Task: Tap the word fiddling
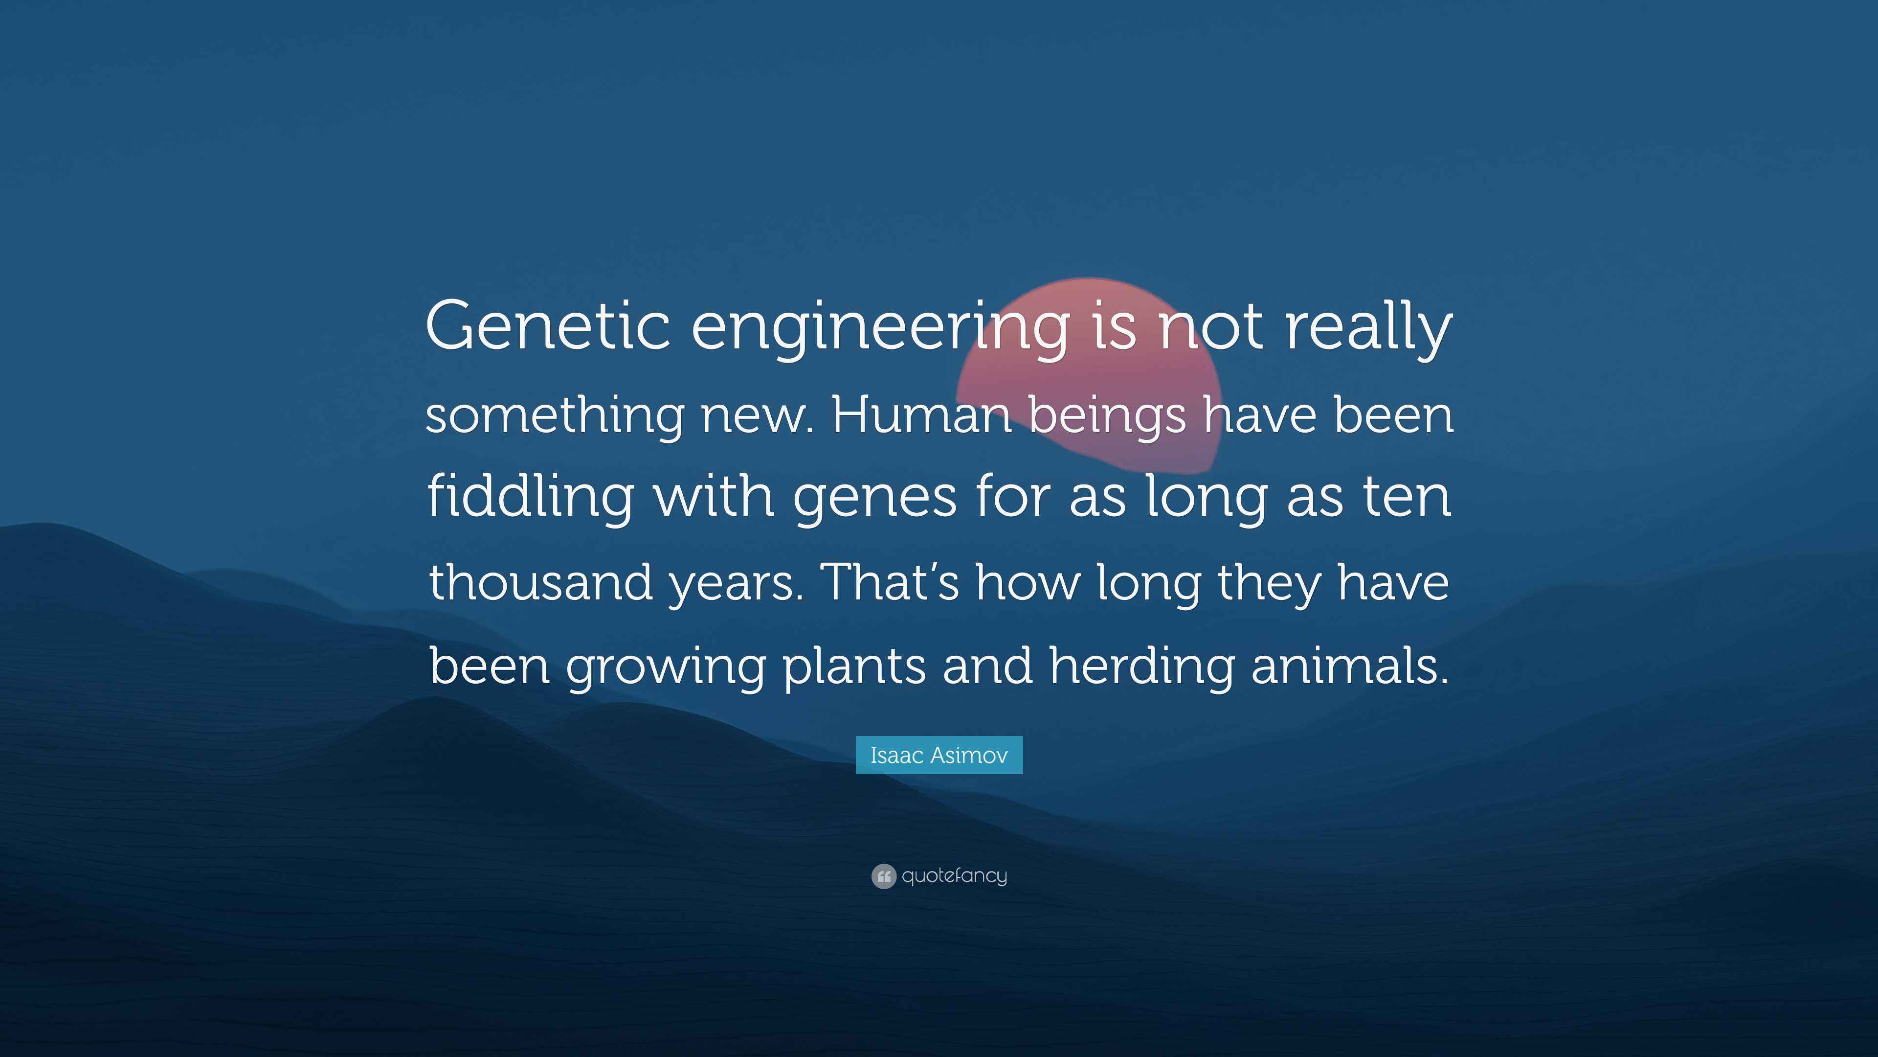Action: coord(529,496)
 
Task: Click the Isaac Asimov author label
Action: coord(939,755)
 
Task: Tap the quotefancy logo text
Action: coord(954,875)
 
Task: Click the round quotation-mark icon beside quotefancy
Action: coord(883,876)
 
